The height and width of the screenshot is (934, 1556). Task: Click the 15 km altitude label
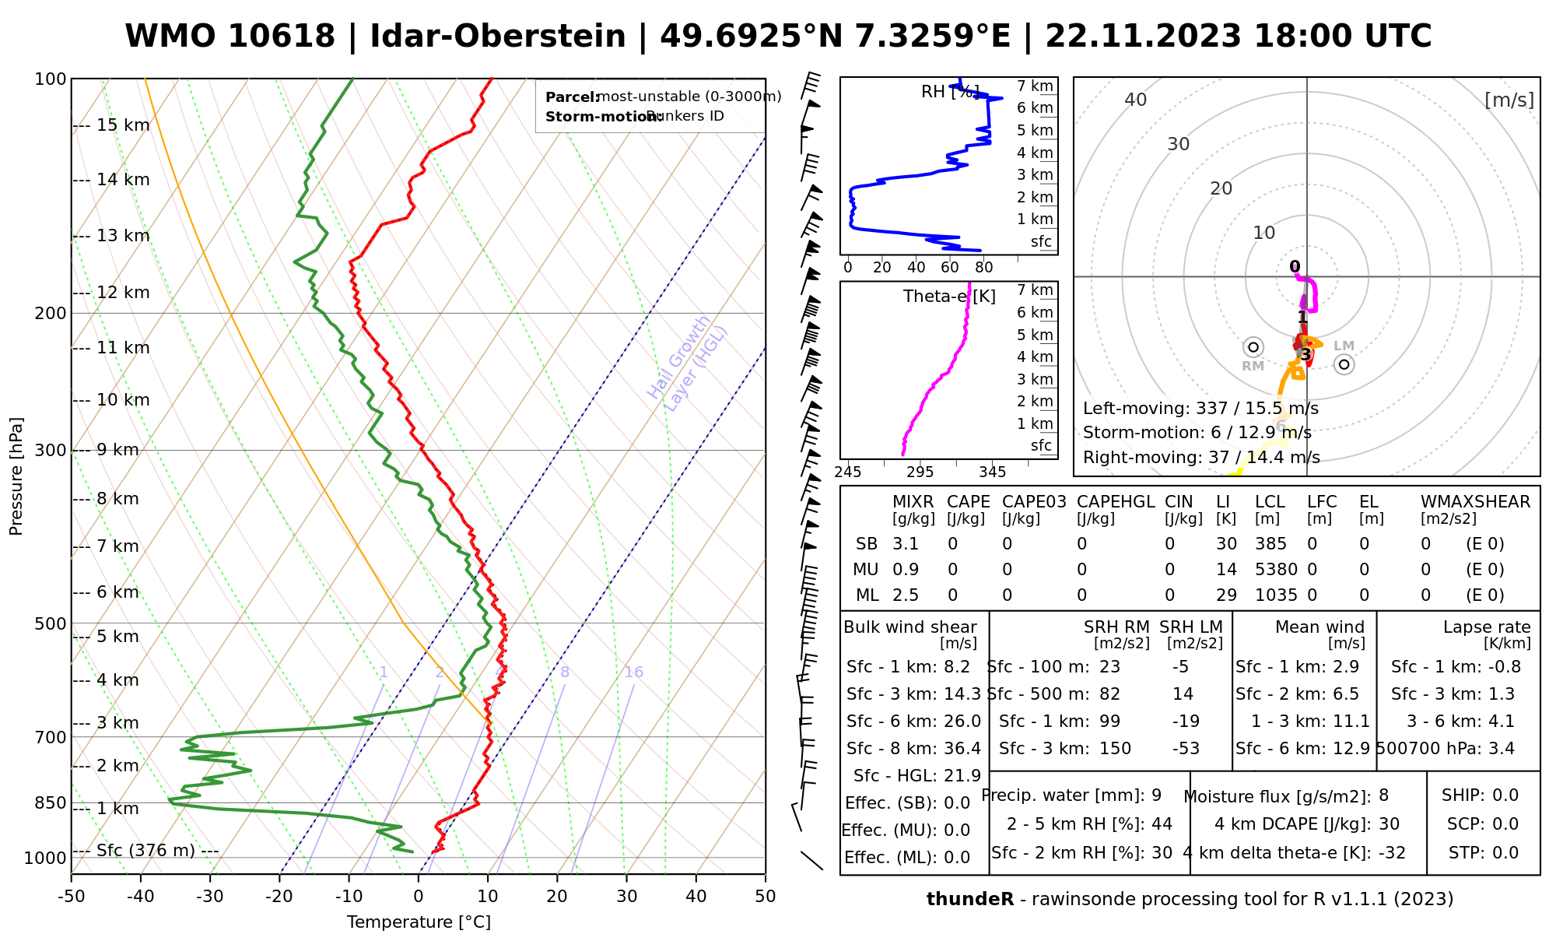click(x=123, y=125)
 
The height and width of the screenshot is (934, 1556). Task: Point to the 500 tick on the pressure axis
click(x=51, y=623)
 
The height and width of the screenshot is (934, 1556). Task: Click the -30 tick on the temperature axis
click(x=209, y=896)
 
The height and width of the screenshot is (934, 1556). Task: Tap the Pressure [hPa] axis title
click(x=16, y=476)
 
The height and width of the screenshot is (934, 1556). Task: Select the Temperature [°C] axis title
click(x=419, y=922)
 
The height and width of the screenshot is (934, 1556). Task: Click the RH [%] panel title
click(x=950, y=92)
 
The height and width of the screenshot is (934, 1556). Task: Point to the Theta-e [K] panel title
click(x=949, y=297)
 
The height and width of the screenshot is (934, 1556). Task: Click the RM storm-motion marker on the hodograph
click(x=1253, y=347)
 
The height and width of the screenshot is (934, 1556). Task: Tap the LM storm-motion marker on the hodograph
click(x=1344, y=364)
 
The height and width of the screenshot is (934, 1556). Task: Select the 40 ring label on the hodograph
click(x=1136, y=100)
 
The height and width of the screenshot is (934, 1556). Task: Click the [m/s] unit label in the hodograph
click(x=1509, y=100)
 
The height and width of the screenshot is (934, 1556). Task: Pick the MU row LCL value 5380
click(x=1276, y=570)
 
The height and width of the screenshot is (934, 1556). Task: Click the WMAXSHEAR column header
click(x=1475, y=502)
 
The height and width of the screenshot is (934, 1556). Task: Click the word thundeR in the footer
click(x=969, y=900)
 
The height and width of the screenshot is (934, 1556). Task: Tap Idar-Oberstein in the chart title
click(x=497, y=37)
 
